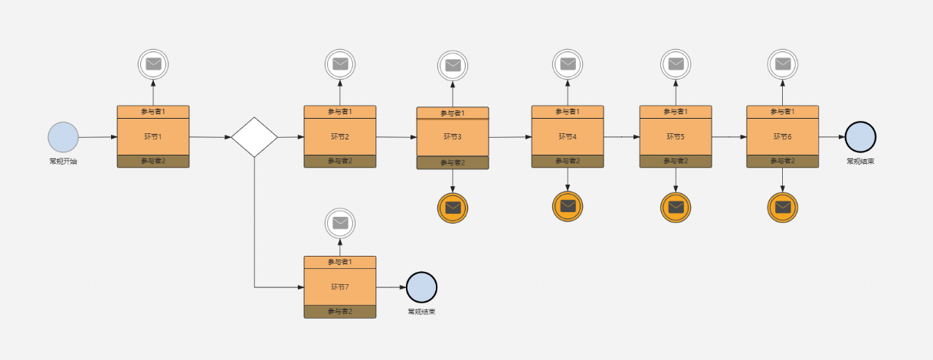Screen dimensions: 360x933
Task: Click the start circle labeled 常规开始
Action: click(x=63, y=137)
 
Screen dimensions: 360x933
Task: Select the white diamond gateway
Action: click(x=254, y=137)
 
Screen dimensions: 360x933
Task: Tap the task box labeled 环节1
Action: click(x=153, y=136)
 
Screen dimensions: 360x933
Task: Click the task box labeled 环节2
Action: click(x=340, y=136)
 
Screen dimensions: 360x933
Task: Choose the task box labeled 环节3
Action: click(x=453, y=137)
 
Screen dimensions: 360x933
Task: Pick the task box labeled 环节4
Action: click(x=568, y=136)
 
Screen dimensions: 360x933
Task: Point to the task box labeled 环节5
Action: click(x=676, y=136)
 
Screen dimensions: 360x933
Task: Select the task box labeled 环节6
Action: click(x=782, y=136)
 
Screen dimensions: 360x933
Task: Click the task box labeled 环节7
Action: click(x=340, y=286)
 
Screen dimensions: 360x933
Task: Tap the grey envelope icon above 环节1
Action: click(x=153, y=64)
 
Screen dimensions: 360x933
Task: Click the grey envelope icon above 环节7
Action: click(x=340, y=223)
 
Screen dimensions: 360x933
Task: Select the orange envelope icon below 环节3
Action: click(x=453, y=208)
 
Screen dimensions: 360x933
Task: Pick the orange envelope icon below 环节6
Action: click(x=782, y=207)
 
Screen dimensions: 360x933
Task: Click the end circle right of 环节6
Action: click(x=860, y=136)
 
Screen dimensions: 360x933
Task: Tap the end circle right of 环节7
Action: click(x=421, y=287)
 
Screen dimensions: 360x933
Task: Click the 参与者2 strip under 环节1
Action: click(x=153, y=161)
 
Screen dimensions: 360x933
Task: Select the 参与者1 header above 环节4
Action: click(x=568, y=112)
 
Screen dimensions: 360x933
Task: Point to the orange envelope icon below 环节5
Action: click(x=676, y=207)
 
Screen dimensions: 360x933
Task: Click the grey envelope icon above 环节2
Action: click(x=340, y=64)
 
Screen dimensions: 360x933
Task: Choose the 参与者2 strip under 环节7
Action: click(x=340, y=311)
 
